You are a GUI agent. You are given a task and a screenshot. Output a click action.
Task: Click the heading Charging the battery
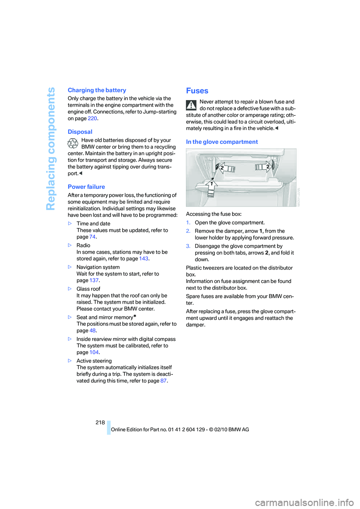[97, 90]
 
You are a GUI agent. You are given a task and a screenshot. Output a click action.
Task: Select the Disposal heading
[80, 132]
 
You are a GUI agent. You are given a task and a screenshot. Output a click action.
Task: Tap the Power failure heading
[86, 187]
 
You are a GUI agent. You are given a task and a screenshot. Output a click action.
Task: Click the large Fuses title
[197, 91]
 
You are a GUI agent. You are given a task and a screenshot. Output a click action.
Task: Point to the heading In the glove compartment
[222, 142]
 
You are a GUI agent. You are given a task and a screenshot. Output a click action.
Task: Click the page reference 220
[92, 118]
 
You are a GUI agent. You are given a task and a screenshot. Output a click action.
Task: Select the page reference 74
[92, 237]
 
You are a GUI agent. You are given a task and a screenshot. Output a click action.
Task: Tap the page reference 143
[144, 259]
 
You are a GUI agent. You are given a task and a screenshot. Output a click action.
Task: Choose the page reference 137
[94, 280]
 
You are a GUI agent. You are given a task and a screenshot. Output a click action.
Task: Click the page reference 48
[92, 331]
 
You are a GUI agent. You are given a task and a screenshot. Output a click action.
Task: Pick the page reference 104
[94, 352]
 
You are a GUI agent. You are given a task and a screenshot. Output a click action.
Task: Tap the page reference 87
[163, 381]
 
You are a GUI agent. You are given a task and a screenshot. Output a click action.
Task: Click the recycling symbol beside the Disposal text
[73, 144]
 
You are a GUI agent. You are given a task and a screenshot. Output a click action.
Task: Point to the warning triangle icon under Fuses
[191, 105]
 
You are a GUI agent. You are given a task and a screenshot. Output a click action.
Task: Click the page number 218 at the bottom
[100, 422]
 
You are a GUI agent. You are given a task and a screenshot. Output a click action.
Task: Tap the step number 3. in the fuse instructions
[188, 246]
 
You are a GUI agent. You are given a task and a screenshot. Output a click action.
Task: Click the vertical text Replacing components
[51, 149]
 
